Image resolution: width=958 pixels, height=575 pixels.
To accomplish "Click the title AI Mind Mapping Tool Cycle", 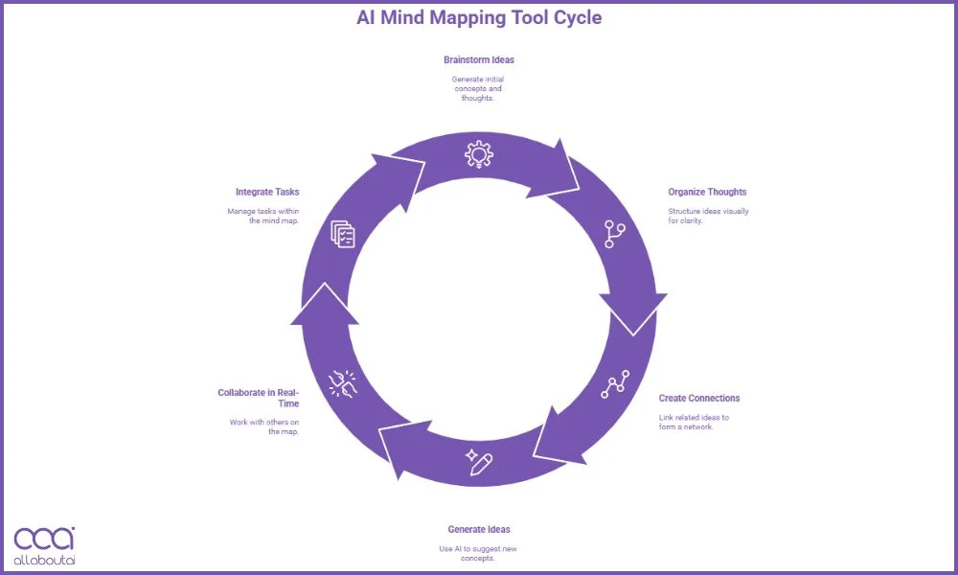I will (479, 17).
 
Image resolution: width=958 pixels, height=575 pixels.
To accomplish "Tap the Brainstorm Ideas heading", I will (478, 59).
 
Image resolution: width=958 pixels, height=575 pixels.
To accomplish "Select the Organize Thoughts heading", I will (707, 192).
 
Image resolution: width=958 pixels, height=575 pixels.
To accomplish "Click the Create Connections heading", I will (699, 398).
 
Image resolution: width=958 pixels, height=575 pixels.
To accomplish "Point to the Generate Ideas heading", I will (478, 529).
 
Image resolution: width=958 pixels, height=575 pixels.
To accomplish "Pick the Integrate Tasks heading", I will (267, 192).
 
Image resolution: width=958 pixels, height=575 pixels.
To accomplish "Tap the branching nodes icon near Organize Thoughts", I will (614, 234).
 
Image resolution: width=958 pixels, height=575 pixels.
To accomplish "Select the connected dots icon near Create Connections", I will (615, 383).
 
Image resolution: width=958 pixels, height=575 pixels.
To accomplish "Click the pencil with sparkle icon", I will (479, 461).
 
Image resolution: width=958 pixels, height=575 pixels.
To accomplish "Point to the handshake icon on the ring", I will (342, 383).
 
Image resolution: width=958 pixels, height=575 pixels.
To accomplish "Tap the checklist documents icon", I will (342, 233).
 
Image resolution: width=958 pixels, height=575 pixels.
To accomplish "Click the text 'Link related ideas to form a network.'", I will (694, 421).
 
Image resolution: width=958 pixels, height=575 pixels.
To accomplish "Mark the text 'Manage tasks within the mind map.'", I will (262, 215).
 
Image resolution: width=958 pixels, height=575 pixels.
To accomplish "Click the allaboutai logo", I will (44, 544).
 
